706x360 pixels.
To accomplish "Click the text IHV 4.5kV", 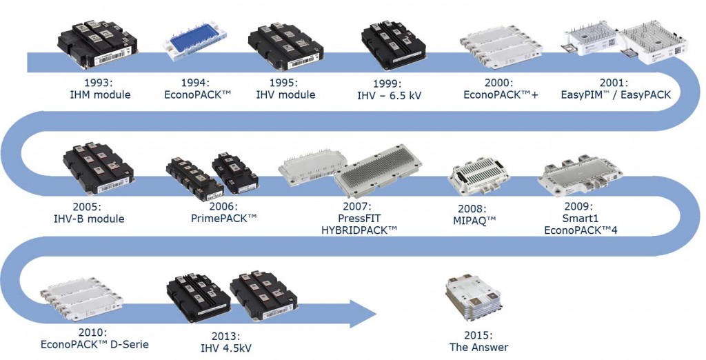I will coord(216,348).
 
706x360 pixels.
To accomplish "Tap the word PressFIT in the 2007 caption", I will coord(360,218).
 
